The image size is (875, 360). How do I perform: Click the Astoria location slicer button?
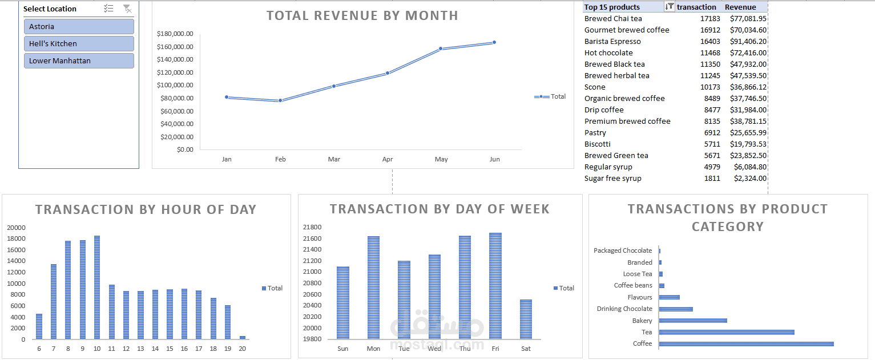click(79, 27)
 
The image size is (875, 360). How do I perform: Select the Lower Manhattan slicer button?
click(79, 61)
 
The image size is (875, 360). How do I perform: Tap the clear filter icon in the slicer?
click(127, 9)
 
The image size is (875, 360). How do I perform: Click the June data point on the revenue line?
click(494, 42)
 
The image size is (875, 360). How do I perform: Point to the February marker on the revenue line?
click(280, 101)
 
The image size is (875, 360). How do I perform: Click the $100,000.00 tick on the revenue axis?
click(175, 85)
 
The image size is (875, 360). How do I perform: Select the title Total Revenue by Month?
click(362, 15)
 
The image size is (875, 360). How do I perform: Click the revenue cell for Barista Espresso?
click(748, 42)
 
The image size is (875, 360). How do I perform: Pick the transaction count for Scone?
click(710, 87)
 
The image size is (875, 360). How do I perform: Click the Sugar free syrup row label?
click(612, 179)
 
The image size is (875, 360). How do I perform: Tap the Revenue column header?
click(740, 7)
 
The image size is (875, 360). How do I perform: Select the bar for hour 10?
click(97, 288)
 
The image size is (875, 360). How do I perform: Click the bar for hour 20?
click(243, 337)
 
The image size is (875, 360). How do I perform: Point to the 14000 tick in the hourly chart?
click(16, 261)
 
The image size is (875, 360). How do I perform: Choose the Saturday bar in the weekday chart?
click(526, 319)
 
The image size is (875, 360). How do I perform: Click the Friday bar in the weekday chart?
click(495, 286)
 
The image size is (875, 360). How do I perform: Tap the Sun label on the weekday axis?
click(342, 349)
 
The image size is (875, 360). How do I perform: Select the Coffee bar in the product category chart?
click(746, 344)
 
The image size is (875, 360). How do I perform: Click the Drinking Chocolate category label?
click(624, 309)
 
